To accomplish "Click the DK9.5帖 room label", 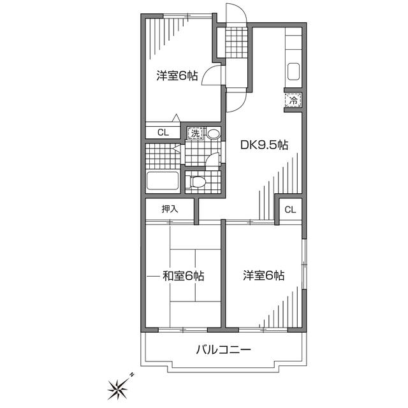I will pyautogui.click(x=264, y=145).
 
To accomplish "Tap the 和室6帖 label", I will pyautogui.click(x=182, y=276).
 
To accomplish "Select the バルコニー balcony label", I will pyautogui.click(x=223, y=349).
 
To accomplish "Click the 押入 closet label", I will pyautogui.click(x=170, y=208).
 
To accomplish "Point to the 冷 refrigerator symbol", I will pyautogui.click(x=293, y=100).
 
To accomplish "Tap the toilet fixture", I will pyautogui.click(x=198, y=182).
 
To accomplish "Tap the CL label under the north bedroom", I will pyautogui.click(x=163, y=133).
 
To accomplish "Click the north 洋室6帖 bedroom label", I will pyautogui.click(x=177, y=76).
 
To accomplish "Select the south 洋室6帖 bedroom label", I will pyautogui.click(x=263, y=276).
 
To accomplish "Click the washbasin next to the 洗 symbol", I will pyautogui.click(x=213, y=134).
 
